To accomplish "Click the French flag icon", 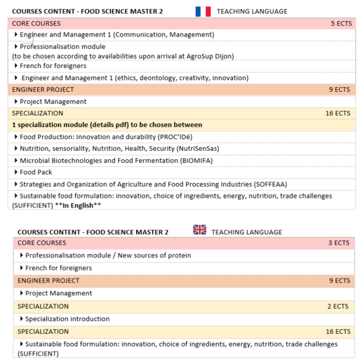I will click(x=203, y=11).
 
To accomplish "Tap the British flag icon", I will click(x=199, y=230).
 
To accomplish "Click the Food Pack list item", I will click(x=36, y=172).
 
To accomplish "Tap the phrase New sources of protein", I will click(x=154, y=255).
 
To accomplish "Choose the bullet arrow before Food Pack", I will click(x=16, y=172).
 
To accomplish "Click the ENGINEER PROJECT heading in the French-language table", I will click(x=42, y=90).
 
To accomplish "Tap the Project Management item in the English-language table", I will click(x=58, y=293).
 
